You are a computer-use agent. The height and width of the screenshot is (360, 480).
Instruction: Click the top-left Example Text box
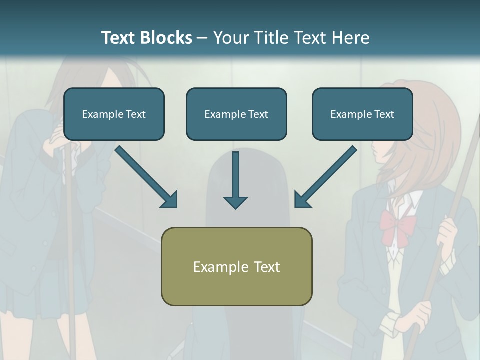[x=114, y=114]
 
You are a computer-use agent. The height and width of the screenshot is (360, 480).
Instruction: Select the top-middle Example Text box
[x=236, y=114]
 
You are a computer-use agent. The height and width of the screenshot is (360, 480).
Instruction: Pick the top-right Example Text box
[x=362, y=114]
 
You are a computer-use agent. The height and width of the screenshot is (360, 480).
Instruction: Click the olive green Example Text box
[x=236, y=266]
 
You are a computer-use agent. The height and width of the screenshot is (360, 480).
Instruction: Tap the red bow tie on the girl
[x=397, y=225]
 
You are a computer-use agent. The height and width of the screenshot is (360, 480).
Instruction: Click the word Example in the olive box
[x=215, y=267]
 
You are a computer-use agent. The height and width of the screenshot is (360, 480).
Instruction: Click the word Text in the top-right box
[x=384, y=114]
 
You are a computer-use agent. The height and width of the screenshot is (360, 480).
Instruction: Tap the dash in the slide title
[x=202, y=38]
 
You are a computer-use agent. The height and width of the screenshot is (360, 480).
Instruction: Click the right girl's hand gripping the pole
[x=447, y=232]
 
